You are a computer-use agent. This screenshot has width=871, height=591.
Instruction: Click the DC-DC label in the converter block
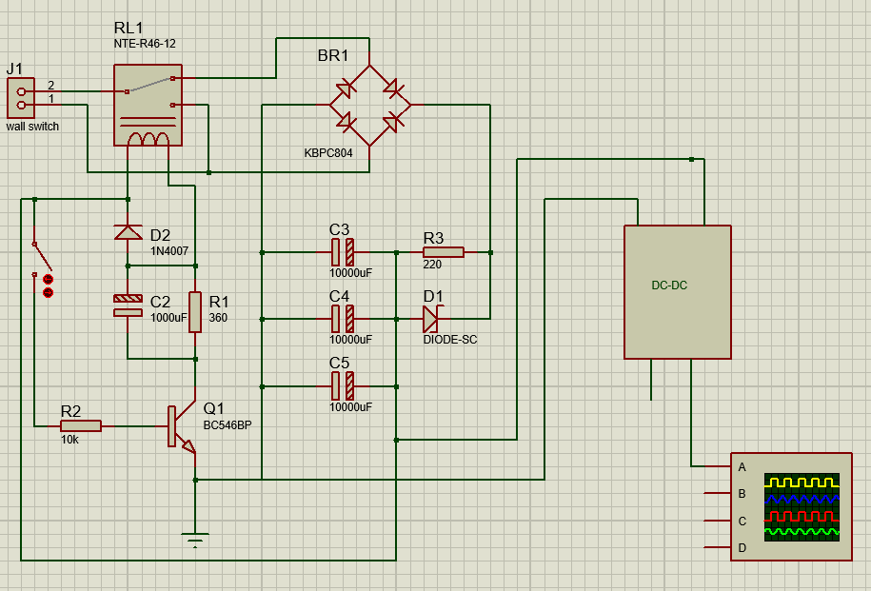[669, 286]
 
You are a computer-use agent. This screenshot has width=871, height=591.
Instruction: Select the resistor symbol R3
[444, 252]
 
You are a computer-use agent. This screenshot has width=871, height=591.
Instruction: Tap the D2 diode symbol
[128, 232]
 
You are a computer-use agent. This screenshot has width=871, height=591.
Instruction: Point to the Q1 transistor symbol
[182, 426]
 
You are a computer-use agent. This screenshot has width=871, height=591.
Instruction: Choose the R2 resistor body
[81, 426]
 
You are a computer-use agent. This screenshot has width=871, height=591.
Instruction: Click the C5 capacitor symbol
[343, 386]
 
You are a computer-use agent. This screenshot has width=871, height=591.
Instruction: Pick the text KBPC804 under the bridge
[328, 153]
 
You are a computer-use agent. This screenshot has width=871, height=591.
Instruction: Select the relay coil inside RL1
[148, 139]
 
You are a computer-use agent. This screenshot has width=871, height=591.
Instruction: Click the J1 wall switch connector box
[21, 98]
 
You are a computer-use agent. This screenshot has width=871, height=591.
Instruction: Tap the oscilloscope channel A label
[742, 467]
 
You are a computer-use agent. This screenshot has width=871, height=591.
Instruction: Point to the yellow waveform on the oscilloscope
[802, 482]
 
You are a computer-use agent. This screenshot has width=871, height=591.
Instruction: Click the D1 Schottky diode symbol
[431, 319]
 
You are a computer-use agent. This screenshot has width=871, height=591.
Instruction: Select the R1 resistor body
[195, 312]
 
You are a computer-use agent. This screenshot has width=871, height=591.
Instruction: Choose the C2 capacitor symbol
[128, 305]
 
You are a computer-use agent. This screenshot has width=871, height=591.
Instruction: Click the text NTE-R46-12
[145, 44]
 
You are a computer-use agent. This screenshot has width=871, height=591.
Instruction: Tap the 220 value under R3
[432, 265]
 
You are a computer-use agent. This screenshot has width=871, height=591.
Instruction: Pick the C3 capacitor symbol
[343, 252]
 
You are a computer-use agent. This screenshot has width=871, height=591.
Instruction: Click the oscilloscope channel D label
[742, 548]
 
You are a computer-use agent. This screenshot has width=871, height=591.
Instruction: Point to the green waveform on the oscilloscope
[802, 532]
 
